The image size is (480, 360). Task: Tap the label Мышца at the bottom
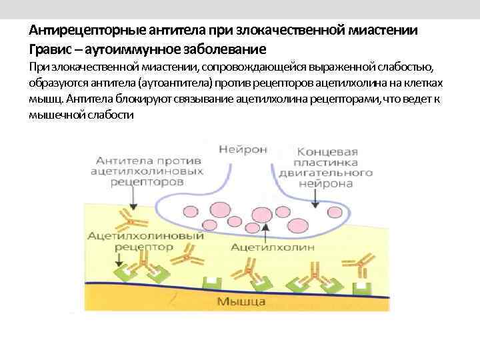(x=241, y=302)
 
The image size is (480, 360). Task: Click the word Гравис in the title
(x=49, y=49)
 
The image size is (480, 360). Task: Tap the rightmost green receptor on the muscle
(x=362, y=285)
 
